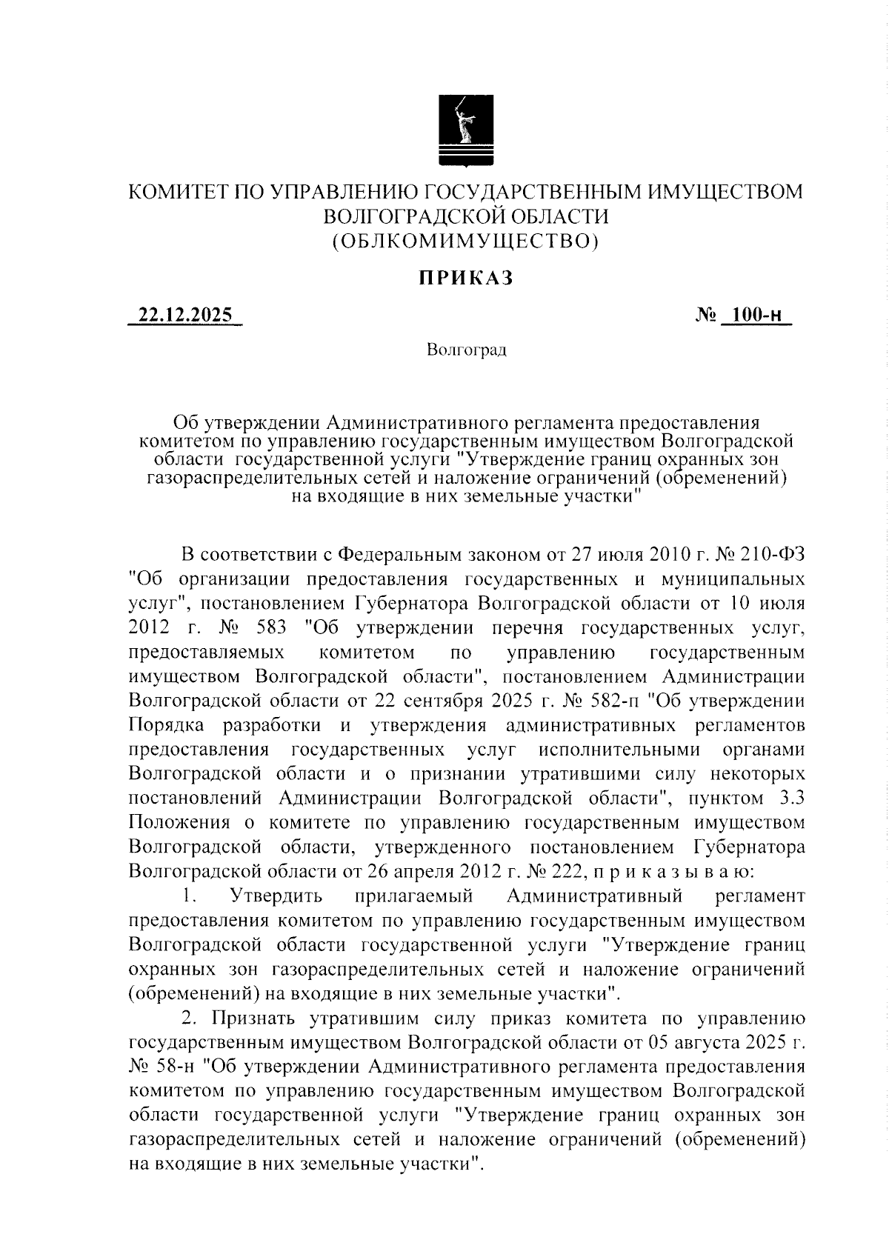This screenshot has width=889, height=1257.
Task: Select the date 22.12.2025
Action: (185, 315)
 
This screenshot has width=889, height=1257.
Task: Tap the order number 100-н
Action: (753, 315)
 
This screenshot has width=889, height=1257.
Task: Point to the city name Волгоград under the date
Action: (466, 350)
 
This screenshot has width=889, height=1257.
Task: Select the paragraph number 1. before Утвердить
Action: (189, 896)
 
